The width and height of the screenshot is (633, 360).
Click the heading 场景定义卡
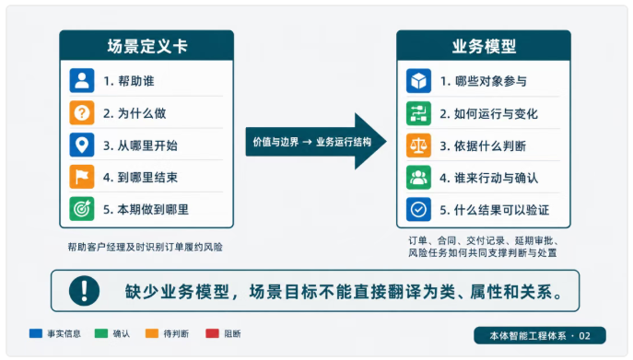pos(147,46)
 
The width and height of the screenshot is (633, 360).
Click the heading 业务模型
pos(484,46)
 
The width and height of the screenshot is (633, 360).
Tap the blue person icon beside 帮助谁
pos(82,81)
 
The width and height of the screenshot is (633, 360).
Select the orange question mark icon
pos(82,112)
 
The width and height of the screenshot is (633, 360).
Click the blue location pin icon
pos(82,145)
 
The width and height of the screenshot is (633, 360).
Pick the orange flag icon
pos(82,177)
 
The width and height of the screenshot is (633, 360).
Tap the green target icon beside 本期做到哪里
pos(82,209)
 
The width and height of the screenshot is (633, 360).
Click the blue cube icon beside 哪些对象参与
pos(418,81)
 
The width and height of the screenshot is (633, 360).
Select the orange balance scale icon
pos(418,145)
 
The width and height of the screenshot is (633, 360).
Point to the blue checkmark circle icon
pos(418,209)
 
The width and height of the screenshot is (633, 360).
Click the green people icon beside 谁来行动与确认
pos(418,177)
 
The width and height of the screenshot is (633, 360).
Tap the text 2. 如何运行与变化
pos(488,114)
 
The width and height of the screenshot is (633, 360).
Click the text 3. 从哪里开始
pos(140,145)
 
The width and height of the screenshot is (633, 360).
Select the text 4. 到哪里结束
pos(140,177)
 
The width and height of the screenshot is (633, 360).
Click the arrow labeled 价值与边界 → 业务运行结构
pos(316,141)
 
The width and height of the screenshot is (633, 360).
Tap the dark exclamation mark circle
pos(84,291)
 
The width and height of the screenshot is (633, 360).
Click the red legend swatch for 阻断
pos(212,333)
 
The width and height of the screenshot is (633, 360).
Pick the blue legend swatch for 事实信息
pos(36,333)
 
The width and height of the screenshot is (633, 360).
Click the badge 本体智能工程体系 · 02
pos(540,335)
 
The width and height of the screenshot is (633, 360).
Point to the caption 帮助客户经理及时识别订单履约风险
pos(145,247)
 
